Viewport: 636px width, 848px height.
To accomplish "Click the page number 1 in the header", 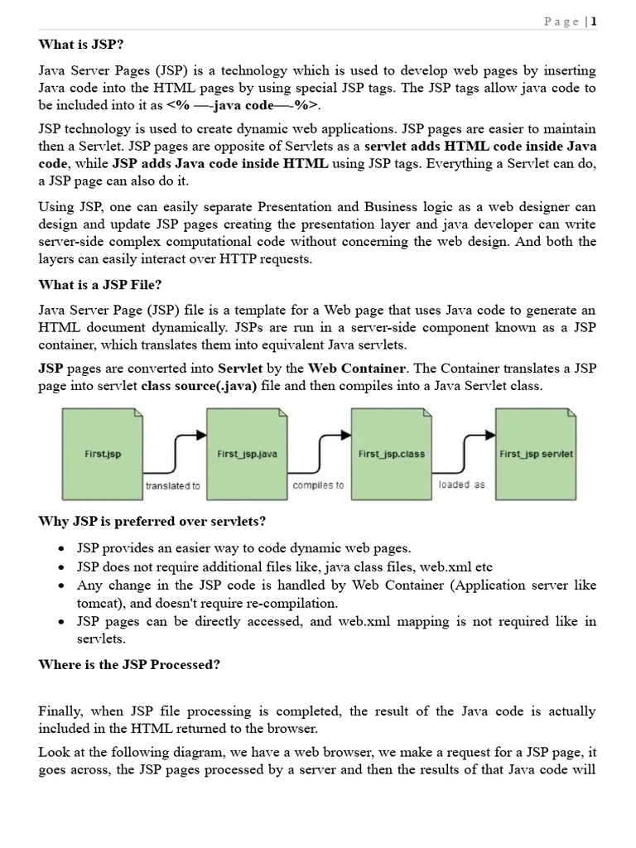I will [x=593, y=22].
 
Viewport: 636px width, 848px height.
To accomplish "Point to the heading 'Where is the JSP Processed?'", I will [x=128, y=665].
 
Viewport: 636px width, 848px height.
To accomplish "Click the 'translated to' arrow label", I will [x=172, y=486].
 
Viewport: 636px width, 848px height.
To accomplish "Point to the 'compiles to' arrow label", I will [x=318, y=485].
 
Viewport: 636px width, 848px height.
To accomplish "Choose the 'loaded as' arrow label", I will [x=461, y=484].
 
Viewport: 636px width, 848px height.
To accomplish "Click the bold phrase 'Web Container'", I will [x=357, y=368].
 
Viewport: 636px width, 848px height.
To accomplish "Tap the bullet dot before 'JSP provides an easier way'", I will [x=64, y=549].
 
